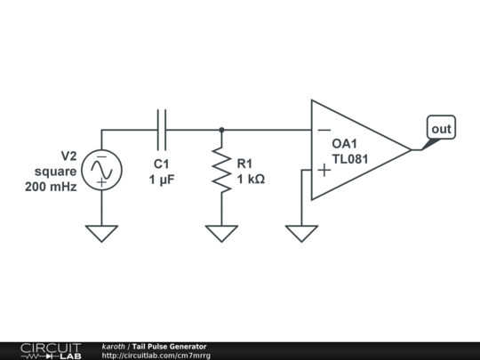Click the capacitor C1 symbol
point(162,130)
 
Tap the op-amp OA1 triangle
point(356,150)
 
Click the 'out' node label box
point(441,129)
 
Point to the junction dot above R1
point(221,130)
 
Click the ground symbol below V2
point(101,233)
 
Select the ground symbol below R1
point(221,233)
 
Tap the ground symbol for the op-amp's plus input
point(302,233)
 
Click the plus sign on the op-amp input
point(324,170)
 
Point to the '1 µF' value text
point(162,179)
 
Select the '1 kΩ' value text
point(251,179)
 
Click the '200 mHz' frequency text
point(51,187)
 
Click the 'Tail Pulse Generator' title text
point(169,346)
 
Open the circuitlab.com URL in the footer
point(156,355)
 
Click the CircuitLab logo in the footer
point(50,350)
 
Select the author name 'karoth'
point(113,346)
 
